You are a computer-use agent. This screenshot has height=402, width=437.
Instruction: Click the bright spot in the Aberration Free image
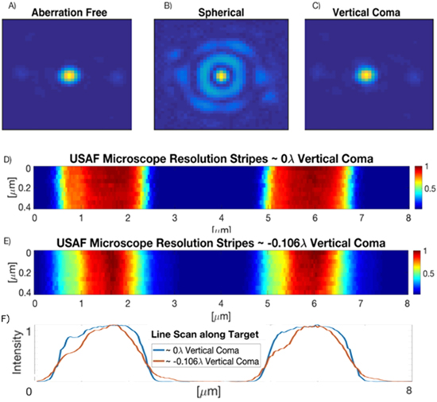69,75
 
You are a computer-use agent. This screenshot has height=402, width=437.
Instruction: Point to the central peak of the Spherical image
220,76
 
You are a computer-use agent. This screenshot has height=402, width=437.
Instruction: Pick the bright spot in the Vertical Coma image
365,75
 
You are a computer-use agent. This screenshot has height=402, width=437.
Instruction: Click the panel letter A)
10,7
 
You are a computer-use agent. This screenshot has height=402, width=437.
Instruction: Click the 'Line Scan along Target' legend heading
221,334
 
